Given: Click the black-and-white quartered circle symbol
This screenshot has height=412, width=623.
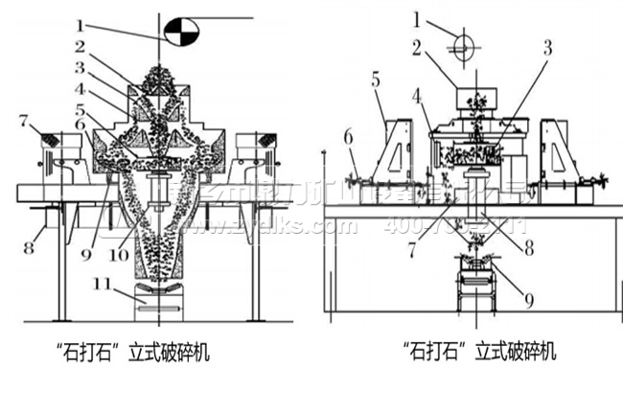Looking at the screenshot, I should (179, 32).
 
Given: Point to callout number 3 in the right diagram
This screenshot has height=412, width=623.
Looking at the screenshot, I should (547, 45).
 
